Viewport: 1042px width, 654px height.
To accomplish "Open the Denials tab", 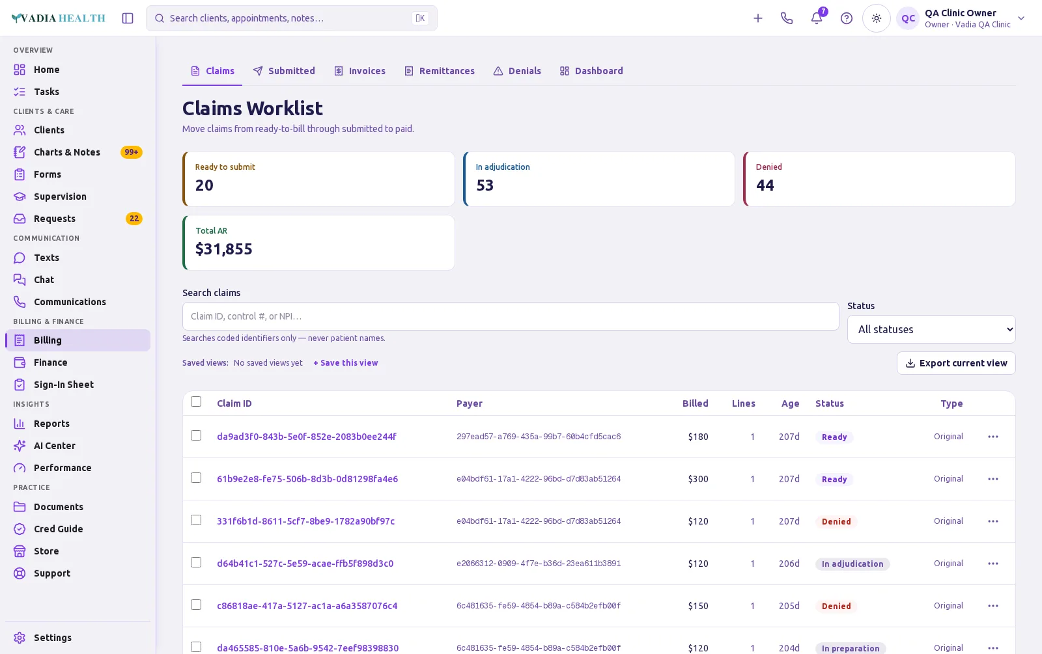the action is click(517, 71).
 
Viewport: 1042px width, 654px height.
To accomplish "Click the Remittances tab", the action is click(439, 71).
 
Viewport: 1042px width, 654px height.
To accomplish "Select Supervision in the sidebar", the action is click(60, 196).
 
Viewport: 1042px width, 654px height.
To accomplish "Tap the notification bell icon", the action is click(817, 18).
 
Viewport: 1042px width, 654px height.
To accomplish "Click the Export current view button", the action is click(956, 363).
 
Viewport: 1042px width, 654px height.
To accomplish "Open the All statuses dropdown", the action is click(931, 329).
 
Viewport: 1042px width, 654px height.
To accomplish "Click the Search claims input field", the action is click(511, 316).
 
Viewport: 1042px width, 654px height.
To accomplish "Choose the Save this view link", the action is click(346, 362).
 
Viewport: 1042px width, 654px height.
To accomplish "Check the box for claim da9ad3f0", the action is click(196, 435).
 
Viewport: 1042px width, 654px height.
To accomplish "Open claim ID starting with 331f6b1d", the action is click(305, 521).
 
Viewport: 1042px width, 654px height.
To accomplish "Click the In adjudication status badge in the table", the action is click(852, 564).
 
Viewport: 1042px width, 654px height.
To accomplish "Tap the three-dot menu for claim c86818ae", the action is click(993, 606).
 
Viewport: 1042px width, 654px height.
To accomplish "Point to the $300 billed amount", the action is click(697, 479).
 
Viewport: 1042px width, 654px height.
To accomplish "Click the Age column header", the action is click(790, 403).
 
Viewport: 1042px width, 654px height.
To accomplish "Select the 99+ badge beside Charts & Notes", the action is click(131, 152).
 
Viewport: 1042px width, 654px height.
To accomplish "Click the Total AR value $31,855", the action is click(224, 249).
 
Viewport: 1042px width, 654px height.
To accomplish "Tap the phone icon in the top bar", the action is click(787, 18).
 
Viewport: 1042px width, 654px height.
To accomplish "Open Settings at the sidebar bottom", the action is click(52, 638).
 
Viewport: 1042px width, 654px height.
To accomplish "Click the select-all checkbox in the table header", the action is click(196, 402).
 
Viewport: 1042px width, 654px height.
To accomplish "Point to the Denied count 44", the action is click(765, 185).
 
